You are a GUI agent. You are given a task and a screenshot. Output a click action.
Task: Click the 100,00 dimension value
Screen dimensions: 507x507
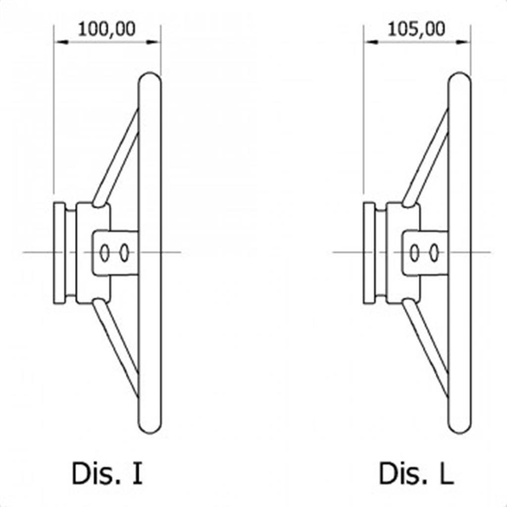[107, 30]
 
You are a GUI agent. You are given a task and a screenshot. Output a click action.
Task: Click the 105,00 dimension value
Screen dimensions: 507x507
[416, 30]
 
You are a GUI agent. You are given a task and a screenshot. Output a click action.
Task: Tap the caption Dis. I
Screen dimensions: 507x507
[107, 473]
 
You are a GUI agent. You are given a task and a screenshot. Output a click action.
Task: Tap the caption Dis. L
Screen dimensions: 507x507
[416, 473]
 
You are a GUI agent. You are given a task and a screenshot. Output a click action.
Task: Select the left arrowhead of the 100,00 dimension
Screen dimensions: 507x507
[61, 42]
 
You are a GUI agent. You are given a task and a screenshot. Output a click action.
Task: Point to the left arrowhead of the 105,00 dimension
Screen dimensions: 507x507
[371, 42]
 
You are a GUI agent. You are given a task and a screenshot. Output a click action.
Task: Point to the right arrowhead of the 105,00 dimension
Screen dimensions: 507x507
[463, 42]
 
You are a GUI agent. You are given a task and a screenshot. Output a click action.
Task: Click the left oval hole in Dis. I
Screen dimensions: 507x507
[104, 253]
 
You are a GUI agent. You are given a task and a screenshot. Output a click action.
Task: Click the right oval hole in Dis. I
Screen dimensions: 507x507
[124, 253]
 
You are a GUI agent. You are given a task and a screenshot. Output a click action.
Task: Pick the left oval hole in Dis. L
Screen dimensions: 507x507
[414, 253]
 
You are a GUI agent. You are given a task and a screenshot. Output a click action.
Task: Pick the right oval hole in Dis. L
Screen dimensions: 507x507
[434, 253]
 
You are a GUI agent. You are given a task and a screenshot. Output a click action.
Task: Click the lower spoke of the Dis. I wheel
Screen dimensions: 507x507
[116, 348]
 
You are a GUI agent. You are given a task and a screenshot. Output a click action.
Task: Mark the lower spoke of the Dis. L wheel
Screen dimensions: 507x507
[426, 348]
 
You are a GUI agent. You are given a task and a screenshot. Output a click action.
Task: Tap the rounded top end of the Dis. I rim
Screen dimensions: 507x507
[150, 74]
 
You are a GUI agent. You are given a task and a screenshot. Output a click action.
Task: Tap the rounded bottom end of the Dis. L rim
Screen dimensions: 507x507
[459, 432]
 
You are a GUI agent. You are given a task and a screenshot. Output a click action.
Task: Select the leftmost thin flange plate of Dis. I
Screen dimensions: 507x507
[59, 253]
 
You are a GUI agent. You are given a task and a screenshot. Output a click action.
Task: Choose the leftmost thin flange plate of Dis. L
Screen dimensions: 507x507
[369, 253]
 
